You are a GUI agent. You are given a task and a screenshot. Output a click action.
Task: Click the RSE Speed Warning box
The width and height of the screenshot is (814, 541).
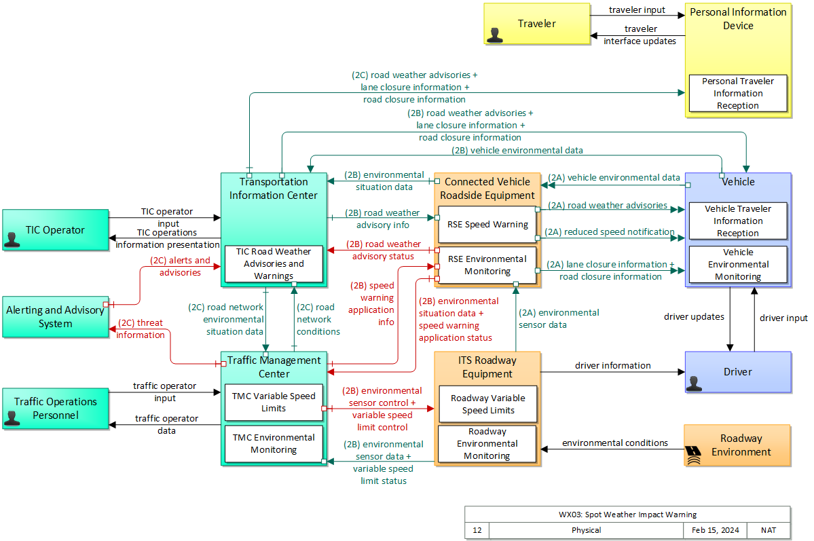[487, 225]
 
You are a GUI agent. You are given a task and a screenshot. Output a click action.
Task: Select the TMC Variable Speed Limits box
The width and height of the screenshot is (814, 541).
[274, 403]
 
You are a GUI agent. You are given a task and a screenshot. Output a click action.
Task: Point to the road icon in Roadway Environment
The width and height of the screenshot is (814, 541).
[694, 454]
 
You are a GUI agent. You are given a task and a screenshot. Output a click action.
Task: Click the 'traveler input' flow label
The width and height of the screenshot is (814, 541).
[637, 10]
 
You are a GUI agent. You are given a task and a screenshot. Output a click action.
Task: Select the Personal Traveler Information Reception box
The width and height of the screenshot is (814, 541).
[738, 94]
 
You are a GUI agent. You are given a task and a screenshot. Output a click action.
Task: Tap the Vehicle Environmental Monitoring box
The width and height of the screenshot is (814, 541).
[738, 264]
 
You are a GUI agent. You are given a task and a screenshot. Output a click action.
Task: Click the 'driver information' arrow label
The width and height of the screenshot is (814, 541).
[612, 366]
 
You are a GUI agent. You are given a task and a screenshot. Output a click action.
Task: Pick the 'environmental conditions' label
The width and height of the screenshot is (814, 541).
[614, 443]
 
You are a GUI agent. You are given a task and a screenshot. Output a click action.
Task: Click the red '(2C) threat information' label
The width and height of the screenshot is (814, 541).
[141, 329]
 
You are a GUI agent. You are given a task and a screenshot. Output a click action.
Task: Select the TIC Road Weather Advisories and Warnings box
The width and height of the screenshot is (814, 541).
[274, 264]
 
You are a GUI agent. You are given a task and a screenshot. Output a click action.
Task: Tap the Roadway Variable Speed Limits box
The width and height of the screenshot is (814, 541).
[487, 405]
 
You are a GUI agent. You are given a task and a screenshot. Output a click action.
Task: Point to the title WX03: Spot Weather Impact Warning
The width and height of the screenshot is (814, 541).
[627, 515]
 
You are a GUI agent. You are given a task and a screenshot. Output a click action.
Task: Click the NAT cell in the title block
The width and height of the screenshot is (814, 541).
[769, 530]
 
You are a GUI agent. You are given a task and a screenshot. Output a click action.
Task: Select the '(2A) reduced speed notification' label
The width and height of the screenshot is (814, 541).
[610, 232]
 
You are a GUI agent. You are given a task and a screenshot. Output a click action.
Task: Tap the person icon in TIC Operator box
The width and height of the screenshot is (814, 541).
[12, 239]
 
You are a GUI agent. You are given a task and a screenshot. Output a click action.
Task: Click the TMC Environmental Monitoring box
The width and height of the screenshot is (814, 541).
[274, 444]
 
